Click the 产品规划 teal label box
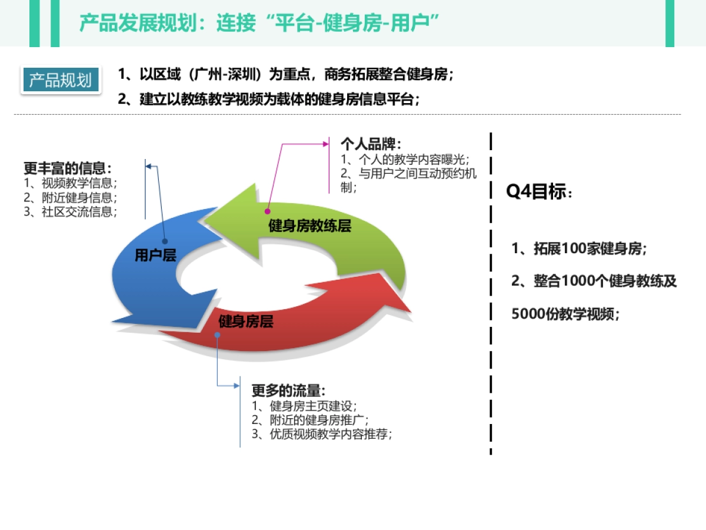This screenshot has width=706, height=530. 60,80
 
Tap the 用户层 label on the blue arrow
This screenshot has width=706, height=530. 155,256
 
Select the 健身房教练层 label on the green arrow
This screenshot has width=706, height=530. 309,226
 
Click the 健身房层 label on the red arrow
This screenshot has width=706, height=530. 246,322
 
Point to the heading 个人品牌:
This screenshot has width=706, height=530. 371,144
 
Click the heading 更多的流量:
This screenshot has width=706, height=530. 288,391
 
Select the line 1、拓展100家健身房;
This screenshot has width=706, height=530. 579,249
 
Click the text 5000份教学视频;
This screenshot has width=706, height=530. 565,314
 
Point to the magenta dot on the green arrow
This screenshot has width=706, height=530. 267,210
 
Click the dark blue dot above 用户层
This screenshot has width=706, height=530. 165,241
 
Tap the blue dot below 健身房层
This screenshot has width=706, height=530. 218,335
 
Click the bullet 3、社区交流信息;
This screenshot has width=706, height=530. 71,212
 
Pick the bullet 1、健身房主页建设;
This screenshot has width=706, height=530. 304,406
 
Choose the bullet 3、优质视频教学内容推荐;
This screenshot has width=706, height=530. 322,435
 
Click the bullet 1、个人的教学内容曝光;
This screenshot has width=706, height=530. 405,160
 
